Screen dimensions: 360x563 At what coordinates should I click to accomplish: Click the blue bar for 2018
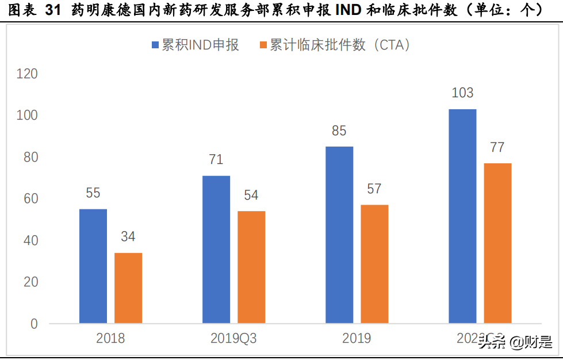[x=93, y=266]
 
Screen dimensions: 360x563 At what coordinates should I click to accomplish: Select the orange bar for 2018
[x=128, y=288]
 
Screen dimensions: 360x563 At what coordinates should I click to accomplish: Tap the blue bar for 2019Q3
[x=216, y=249]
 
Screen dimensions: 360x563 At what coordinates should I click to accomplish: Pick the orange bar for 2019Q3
[x=251, y=267]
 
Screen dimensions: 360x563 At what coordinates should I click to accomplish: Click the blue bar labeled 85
[x=339, y=235]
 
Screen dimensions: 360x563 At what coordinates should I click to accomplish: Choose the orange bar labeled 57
[x=374, y=264]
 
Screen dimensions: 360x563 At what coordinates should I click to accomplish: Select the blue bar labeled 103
[x=462, y=216]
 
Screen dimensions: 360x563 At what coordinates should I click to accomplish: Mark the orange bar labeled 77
[x=497, y=243]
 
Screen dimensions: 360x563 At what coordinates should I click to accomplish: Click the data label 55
[x=93, y=193]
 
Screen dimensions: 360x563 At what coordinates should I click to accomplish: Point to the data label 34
[x=128, y=237]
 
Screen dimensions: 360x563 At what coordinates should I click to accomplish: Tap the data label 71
[x=216, y=160]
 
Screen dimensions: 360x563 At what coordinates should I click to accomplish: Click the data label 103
[x=462, y=93]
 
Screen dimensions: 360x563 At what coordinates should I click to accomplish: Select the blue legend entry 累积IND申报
[x=195, y=45]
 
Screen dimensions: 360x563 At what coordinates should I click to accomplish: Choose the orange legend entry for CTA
[x=336, y=45]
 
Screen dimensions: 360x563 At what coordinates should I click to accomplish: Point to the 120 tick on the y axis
[x=27, y=74]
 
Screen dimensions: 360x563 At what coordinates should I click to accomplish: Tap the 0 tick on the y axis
[x=34, y=324]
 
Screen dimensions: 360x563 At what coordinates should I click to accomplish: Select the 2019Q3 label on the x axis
[x=234, y=339]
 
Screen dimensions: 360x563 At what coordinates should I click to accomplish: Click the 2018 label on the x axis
[x=110, y=339]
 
